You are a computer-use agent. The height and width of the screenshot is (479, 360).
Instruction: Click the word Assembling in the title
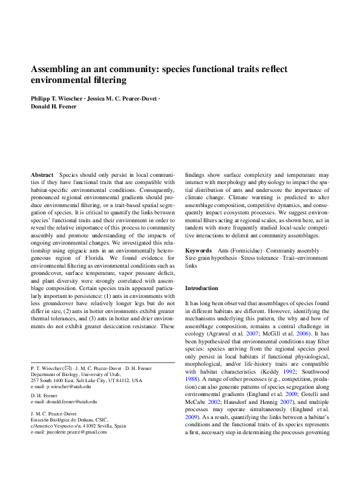tap(56, 69)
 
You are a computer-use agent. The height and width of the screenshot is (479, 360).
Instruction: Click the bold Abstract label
tap(42, 174)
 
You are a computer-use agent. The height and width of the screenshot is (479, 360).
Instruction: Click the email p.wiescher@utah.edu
tap(66, 386)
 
